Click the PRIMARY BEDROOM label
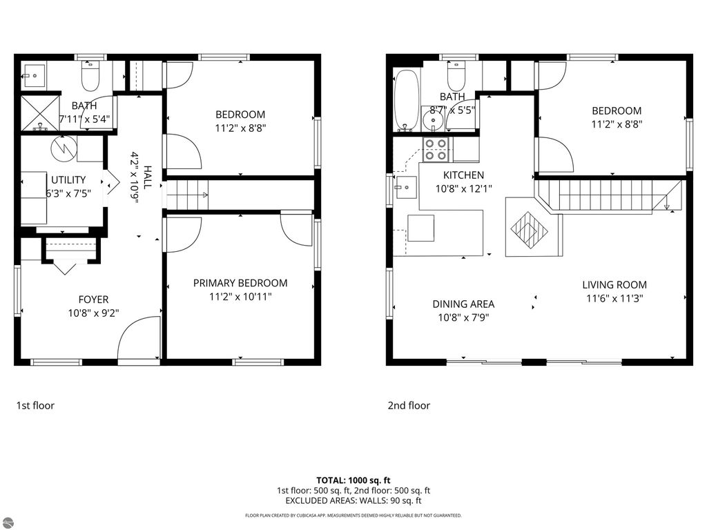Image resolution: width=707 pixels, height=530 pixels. click(x=240, y=283)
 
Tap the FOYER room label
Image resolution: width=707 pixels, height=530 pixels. click(x=93, y=300)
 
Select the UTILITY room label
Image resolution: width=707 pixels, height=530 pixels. click(x=68, y=180)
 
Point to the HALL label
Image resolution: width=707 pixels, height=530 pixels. click(x=148, y=177)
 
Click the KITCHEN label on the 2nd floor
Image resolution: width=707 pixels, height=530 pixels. click(x=463, y=175)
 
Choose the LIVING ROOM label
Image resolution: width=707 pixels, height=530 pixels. click(x=614, y=285)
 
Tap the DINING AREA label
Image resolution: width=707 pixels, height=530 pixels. click(x=463, y=304)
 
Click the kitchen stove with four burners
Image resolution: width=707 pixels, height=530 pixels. click(x=436, y=150)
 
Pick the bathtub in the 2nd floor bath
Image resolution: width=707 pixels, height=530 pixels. click(x=407, y=99)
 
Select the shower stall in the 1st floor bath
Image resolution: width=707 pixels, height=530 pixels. click(x=40, y=112)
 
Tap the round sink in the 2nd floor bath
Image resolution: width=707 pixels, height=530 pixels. click(x=434, y=119)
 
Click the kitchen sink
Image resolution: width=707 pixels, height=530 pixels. click(x=405, y=187)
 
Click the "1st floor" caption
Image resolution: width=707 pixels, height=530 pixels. click(x=35, y=406)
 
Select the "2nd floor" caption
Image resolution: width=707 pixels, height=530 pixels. click(x=409, y=406)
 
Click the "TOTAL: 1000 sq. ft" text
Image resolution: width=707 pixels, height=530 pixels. click(x=353, y=480)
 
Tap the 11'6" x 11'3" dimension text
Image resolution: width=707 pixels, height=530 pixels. click(x=614, y=298)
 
